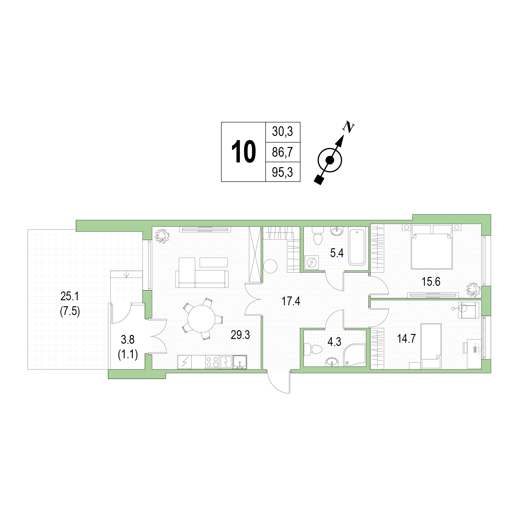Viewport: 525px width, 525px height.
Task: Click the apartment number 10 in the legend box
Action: (x=244, y=152)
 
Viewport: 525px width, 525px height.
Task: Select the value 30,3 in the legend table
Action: (x=282, y=132)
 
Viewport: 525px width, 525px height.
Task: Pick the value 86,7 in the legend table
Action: (x=282, y=152)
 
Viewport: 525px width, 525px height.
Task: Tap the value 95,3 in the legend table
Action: (x=282, y=172)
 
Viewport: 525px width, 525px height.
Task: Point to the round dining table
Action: (x=201, y=319)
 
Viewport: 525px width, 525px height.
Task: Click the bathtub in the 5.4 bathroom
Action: (x=357, y=246)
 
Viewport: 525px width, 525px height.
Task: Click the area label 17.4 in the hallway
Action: (x=291, y=302)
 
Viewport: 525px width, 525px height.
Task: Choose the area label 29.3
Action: (x=240, y=335)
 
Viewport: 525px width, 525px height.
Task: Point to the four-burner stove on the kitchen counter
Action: (x=212, y=362)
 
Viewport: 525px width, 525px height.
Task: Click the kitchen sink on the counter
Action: (x=240, y=362)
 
